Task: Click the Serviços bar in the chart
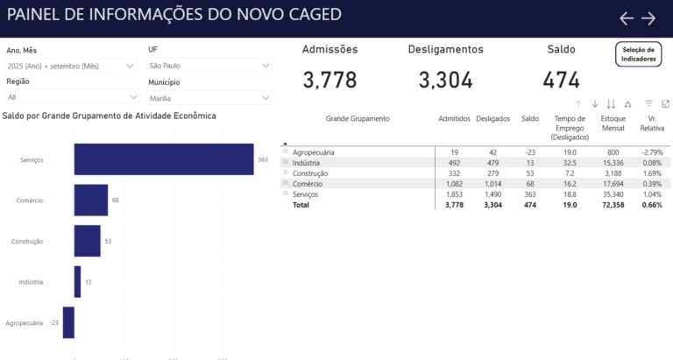pos(163,159)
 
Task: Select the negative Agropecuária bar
pos(68,322)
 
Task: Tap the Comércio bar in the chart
pos(91,200)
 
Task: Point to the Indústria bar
pos(77,281)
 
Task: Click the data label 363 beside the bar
pos(262,159)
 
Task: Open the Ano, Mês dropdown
pos(71,66)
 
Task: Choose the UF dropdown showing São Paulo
pos(209,66)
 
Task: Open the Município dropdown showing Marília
pos(209,98)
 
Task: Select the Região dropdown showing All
pos(71,97)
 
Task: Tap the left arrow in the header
pos(626,18)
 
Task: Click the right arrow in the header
pos(648,18)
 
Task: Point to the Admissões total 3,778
pos(329,81)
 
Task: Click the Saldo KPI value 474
pos(561,81)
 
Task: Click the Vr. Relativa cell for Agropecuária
pos(649,152)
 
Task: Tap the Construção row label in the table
pos(310,173)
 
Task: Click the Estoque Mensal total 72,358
pos(613,204)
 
